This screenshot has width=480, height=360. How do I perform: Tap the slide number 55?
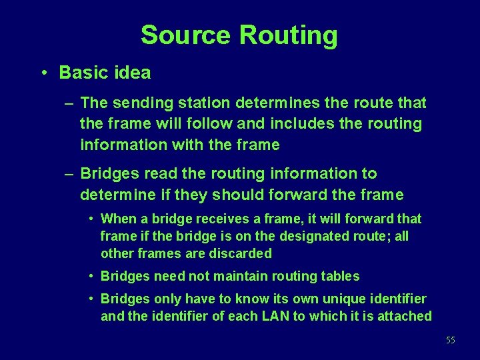point(451,341)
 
